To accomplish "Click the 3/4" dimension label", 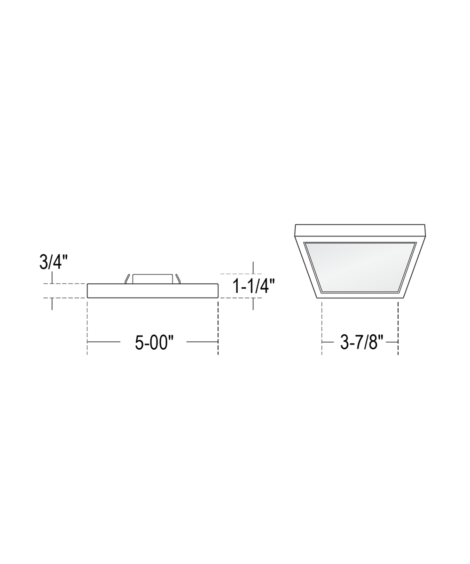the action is (53, 261).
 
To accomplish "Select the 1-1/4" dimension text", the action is (253, 286).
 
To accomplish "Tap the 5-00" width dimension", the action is (154, 343).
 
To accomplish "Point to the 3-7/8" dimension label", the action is (361, 342).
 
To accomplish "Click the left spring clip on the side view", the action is (127, 279).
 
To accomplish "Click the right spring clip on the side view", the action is (178, 279).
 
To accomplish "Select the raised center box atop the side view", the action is (153, 279).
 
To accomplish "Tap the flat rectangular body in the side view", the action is (153, 290).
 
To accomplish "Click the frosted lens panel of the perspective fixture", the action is (360, 267).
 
